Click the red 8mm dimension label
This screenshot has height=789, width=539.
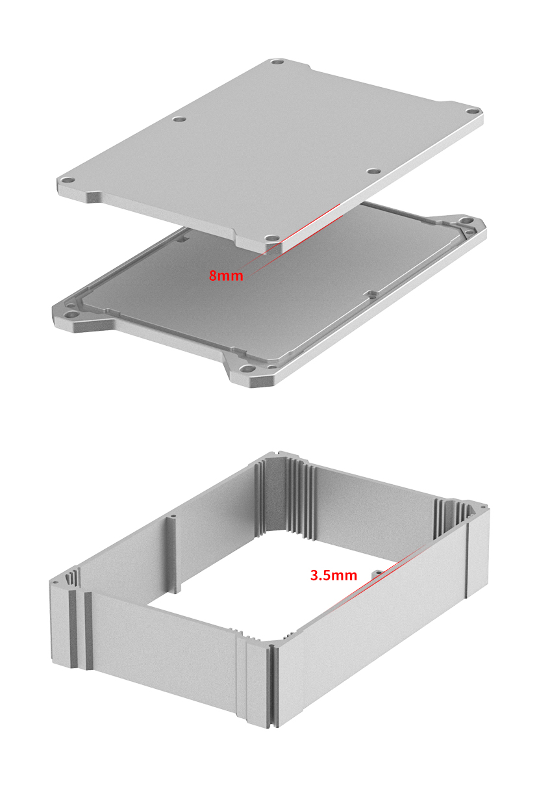[226, 275]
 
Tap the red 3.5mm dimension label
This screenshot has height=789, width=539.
[334, 575]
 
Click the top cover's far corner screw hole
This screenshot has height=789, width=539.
[278, 63]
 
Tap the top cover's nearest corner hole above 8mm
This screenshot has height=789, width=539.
[272, 239]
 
